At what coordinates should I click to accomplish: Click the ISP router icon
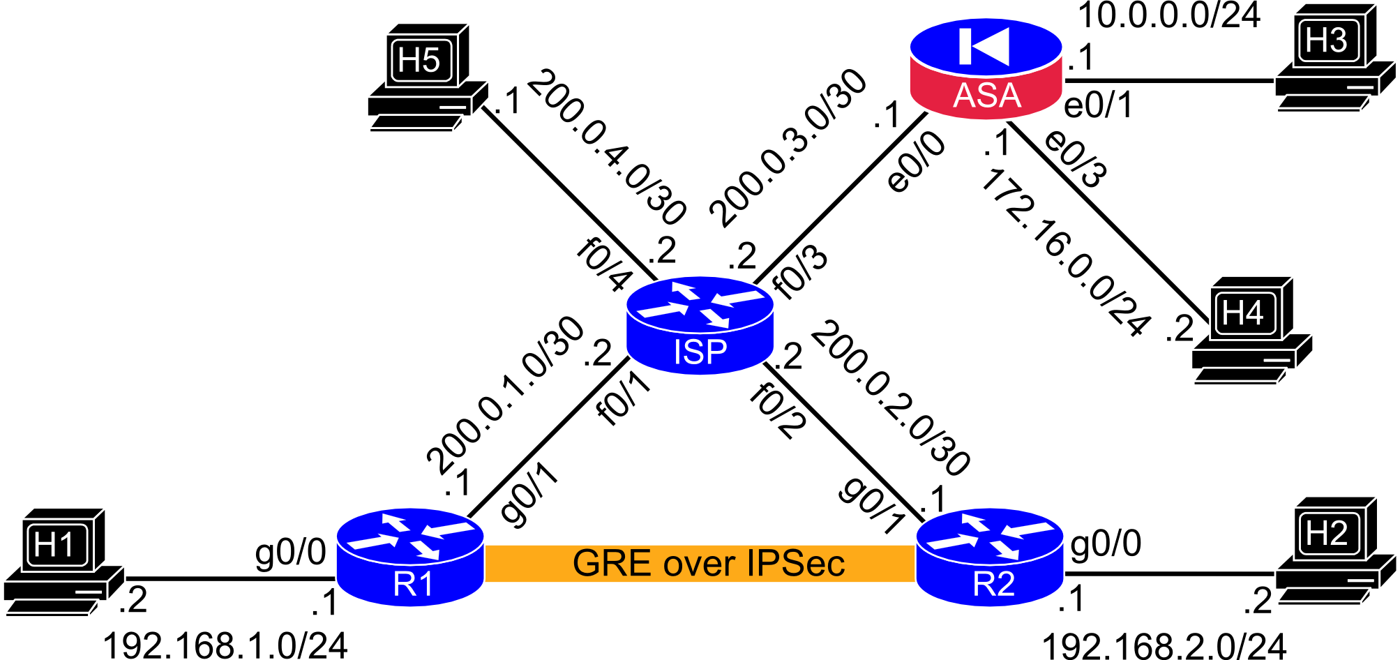pos(700,325)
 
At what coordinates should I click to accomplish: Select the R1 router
pos(409,557)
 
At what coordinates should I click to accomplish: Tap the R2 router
pos(989,557)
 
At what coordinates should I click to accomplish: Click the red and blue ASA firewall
pos(986,68)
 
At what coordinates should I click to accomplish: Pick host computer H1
pos(64,562)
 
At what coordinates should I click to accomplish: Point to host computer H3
pos(1335,58)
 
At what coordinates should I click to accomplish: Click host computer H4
pos(1252,330)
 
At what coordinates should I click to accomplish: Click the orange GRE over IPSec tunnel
pos(700,564)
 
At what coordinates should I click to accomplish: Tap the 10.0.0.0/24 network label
pos(1169,15)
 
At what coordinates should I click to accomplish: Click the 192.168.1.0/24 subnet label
pos(225,645)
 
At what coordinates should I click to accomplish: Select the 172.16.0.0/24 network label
pos(1064,253)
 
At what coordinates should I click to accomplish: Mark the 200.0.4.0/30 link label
pos(608,147)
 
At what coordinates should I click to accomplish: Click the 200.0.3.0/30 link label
pos(788,148)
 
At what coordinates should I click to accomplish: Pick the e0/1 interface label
pos(1099,105)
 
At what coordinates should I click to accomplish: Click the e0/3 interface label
pos(1075,158)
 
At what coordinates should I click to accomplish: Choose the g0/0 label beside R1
pos(291,553)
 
